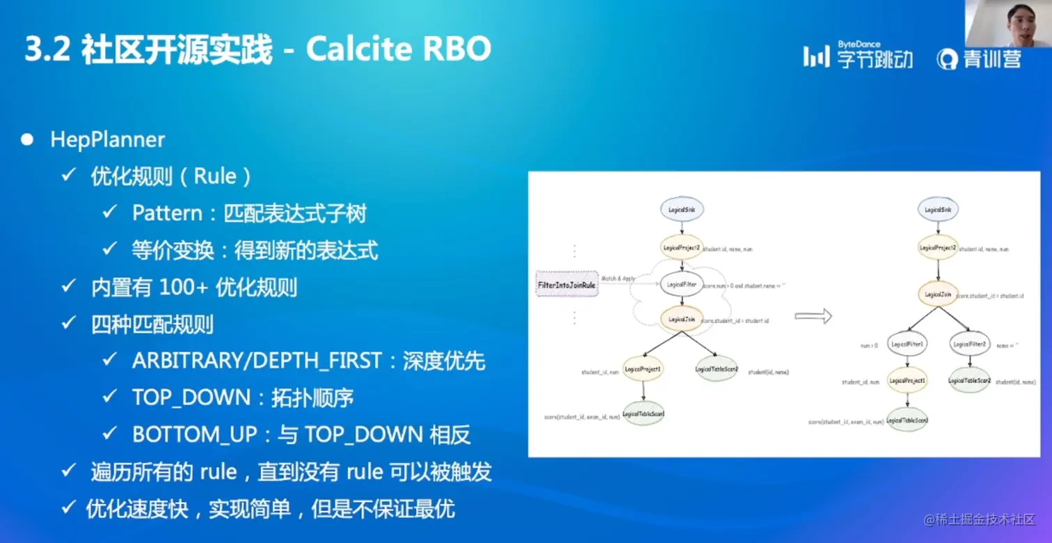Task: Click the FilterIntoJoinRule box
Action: point(566,285)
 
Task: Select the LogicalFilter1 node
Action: point(907,344)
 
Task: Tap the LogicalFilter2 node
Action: point(969,344)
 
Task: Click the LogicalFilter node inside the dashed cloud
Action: point(681,284)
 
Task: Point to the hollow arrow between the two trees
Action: point(813,317)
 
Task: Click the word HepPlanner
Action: point(107,139)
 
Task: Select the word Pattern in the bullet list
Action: point(166,213)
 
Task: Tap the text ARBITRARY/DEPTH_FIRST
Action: point(257,361)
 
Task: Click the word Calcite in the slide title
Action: point(359,49)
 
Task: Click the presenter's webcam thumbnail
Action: point(1007,24)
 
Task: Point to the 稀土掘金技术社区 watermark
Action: point(979,519)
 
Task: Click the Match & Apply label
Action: point(619,278)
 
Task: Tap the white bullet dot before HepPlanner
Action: point(27,140)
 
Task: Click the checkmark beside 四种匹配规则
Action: point(68,324)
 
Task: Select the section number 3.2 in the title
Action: point(47,50)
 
